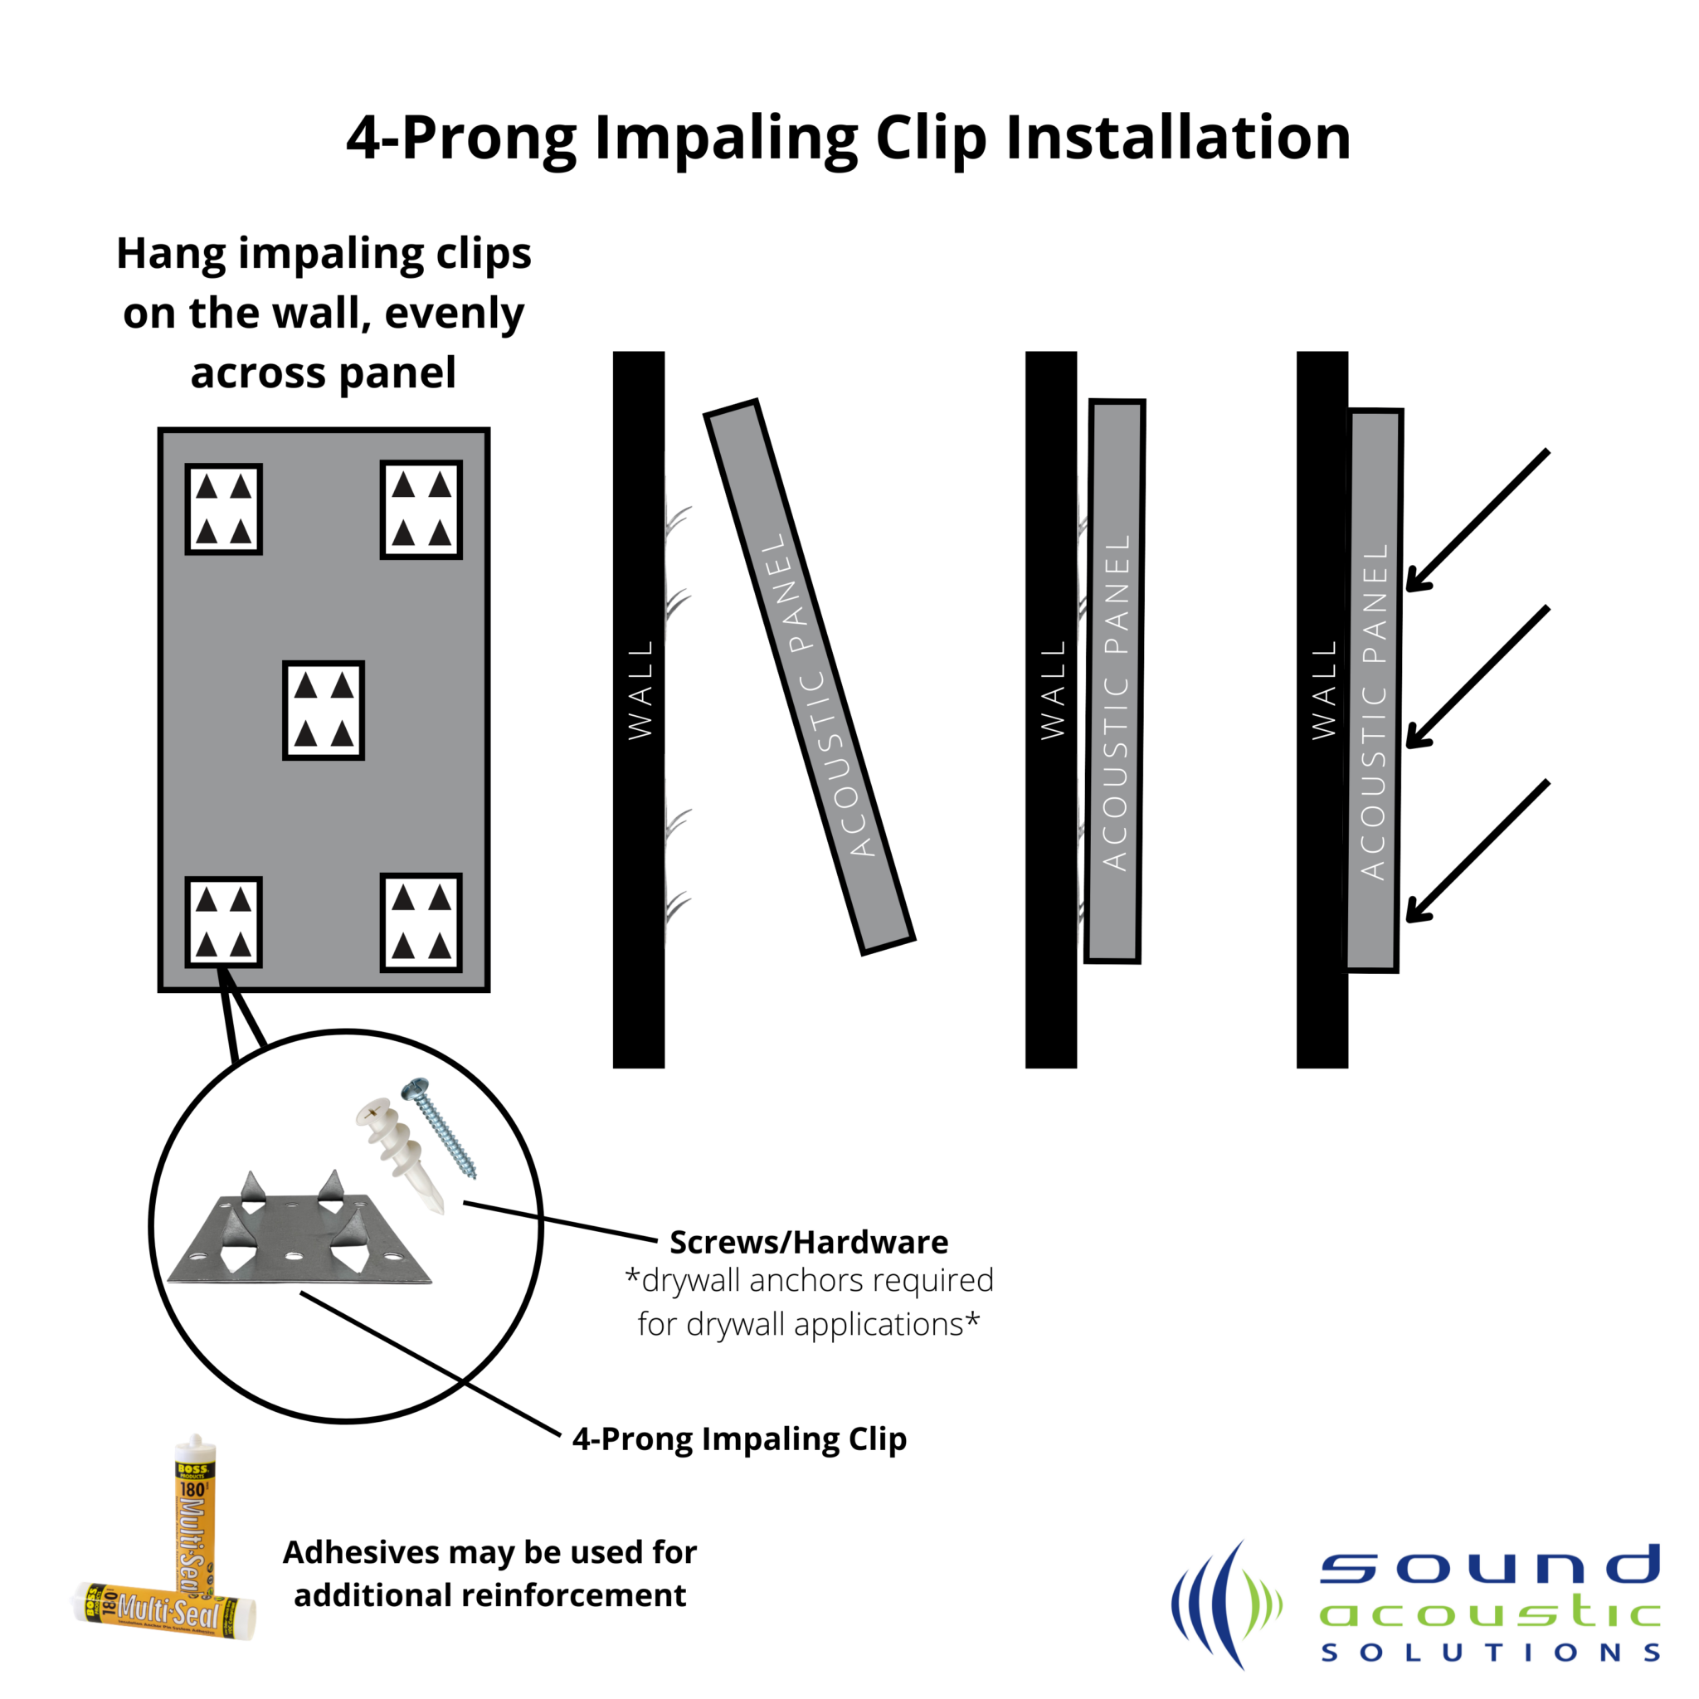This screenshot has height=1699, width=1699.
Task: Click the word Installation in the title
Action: pos(1177,138)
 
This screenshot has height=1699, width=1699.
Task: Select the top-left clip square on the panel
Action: pos(223,509)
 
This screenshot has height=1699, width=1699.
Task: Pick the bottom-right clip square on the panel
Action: pos(421,923)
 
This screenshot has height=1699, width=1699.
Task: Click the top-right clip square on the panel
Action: pos(421,509)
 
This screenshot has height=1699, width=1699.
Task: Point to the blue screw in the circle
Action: pos(441,1128)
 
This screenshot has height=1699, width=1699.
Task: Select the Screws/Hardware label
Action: pos(808,1242)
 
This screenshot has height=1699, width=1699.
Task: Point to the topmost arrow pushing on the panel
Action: pos(1477,521)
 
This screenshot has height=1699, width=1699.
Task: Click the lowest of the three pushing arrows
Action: pos(1477,851)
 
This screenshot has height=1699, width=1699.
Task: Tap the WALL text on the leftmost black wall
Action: pos(640,690)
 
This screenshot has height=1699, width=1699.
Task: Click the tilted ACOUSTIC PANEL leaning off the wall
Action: pos(810,677)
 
